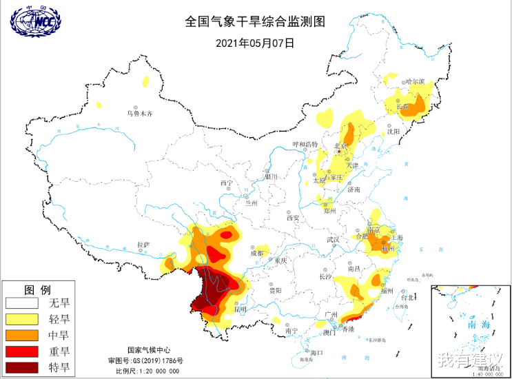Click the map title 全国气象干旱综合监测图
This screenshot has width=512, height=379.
(x=254, y=21)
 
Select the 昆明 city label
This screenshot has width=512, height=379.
(x=240, y=309)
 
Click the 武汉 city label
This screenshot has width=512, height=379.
(x=334, y=239)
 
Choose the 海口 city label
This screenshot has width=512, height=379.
(x=317, y=353)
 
